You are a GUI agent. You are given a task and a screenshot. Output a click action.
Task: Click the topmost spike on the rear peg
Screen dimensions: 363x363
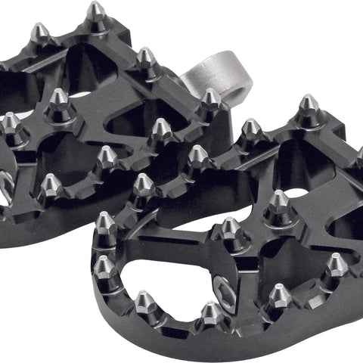pos(96,15)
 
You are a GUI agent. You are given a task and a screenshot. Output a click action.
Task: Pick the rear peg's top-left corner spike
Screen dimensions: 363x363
pos(39,34)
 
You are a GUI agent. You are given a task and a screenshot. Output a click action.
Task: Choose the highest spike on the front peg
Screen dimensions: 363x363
pos(308,110)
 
